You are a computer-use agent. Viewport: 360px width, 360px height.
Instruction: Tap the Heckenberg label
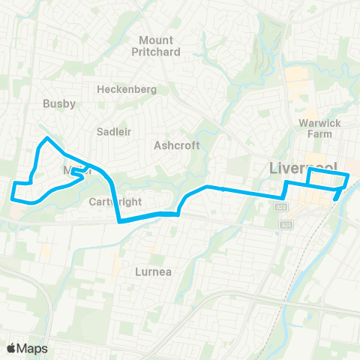(x=126, y=89)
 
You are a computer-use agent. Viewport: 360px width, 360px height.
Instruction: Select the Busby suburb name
(x=59, y=104)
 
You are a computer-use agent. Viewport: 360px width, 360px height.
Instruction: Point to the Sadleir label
(x=114, y=131)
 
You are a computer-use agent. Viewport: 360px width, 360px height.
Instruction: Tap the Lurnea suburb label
(x=156, y=271)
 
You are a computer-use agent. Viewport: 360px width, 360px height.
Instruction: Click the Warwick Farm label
(x=314, y=127)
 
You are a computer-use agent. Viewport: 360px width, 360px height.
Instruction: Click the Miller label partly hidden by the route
(x=77, y=170)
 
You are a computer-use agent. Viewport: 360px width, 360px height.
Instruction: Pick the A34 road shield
(x=286, y=223)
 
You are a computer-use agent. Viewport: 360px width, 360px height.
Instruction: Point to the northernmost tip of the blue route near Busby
(x=47, y=138)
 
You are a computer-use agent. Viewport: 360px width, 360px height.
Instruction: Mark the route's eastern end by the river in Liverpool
(x=335, y=199)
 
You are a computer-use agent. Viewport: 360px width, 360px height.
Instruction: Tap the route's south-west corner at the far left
(x=13, y=197)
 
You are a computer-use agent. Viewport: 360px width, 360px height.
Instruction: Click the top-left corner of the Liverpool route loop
(x=309, y=170)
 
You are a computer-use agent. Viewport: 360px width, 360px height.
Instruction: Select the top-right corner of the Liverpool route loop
(x=349, y=175)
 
